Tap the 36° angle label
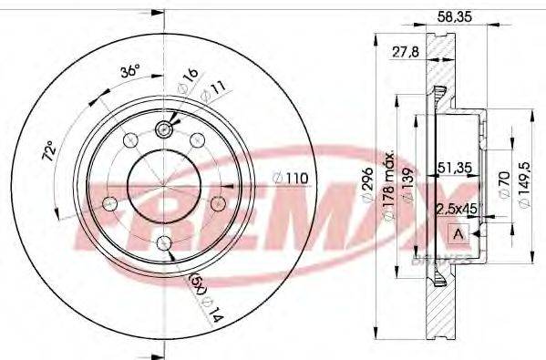[x=130, y=72]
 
